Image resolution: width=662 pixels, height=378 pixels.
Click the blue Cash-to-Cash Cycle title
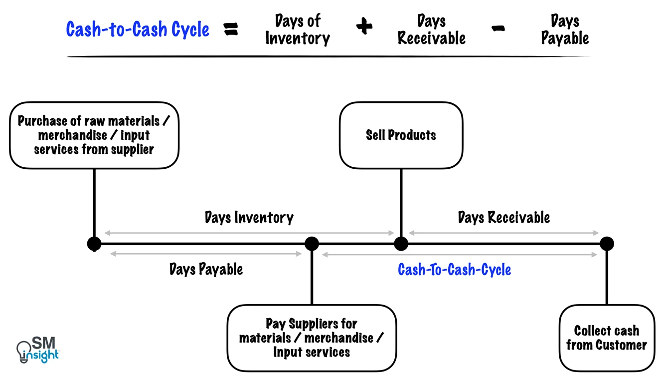(138, 29)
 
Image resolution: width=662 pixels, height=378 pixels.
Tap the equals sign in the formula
(231, 29)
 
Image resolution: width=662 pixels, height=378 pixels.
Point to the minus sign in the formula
(497, 29)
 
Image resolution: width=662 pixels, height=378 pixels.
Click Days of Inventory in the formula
(298, 30)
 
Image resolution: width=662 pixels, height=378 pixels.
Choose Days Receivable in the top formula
(431, 30)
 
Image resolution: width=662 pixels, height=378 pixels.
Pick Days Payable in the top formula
(565, 30)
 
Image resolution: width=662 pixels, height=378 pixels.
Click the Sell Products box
(401, 135)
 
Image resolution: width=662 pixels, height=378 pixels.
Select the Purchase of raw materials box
(94, 135)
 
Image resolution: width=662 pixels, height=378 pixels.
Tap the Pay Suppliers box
(312, 338)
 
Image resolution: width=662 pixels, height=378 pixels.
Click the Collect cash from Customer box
(607, 338)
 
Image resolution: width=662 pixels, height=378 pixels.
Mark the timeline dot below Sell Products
(401, 244)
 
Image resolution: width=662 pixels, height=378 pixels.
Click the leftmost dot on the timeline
(94, 244)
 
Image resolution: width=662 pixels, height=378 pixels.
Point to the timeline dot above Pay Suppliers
(312, 244)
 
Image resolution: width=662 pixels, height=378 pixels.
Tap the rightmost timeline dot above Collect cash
(607, 244)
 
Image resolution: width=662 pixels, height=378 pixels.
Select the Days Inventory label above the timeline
(249, 218)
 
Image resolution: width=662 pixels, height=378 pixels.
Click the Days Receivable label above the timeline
(503, 218)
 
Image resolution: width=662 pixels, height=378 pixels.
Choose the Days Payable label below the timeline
(206, 270)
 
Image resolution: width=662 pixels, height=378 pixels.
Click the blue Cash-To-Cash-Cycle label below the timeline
(454, 270)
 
